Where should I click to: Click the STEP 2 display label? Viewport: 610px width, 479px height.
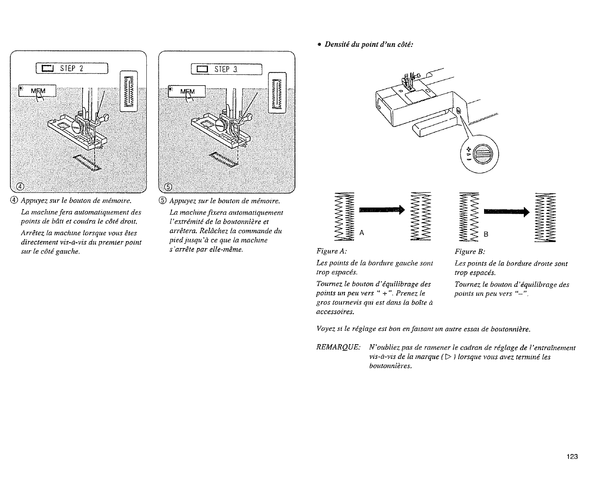click(x=72, y=69)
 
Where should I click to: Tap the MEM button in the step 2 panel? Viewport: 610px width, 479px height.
click(x=38, y=91)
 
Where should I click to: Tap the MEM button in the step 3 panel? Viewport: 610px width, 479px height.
click(x=188, y=92)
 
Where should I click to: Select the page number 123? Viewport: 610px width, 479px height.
click(x=572, y=457)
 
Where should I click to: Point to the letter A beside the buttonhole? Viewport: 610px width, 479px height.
click(x=362, y=233)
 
